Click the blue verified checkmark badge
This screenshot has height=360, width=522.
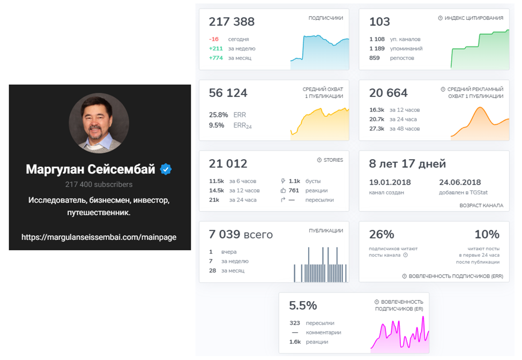[x=166, y=169]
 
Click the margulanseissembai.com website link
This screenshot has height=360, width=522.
[x=99, y=237]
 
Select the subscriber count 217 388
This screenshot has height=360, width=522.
[x=232, y=22]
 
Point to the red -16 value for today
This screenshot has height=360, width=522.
[x=214, y=39]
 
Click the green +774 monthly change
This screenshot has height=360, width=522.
[x=215, y=58]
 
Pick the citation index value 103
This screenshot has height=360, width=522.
[x=379, y=22]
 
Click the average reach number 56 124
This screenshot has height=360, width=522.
[x=228, y=93]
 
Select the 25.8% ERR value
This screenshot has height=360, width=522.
[x=218, y=115]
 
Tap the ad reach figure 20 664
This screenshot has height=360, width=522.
[x=389, y=93]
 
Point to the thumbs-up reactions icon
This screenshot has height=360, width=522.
[x=284, y=190]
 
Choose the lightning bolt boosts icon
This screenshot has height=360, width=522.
[x=284, y=181]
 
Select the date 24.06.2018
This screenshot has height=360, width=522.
[x=460, y=182]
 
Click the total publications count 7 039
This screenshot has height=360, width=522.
[x=241, y=235]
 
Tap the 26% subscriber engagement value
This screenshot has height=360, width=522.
[x=382, y=234]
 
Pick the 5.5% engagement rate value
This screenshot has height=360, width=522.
[x=303, y=305]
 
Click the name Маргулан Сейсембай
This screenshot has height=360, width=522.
[x=91, y=169]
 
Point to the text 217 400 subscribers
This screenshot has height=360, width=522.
[x=99, y=185]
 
